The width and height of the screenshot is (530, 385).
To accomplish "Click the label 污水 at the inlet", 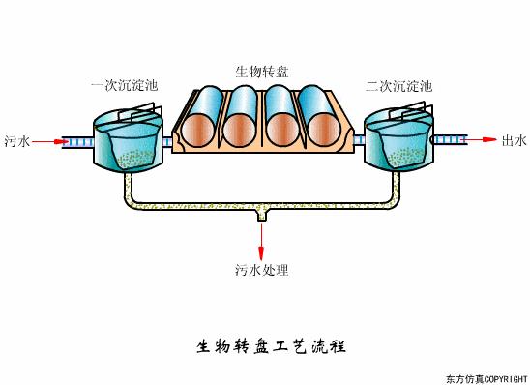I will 17,141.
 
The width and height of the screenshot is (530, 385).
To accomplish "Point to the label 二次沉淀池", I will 398,87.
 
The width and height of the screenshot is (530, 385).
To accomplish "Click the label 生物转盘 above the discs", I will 262,71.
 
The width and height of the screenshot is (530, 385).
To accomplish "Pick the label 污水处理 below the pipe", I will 261,269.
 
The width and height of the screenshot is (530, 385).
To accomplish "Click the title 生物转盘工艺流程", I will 264,345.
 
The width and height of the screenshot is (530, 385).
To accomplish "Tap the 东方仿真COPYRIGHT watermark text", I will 486,376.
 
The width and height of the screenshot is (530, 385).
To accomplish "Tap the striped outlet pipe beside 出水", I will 449,141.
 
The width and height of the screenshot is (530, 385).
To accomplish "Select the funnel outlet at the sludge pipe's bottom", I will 261,221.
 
